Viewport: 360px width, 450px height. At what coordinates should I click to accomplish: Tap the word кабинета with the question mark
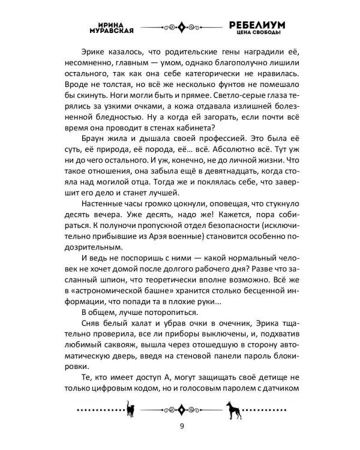pos(192,134)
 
